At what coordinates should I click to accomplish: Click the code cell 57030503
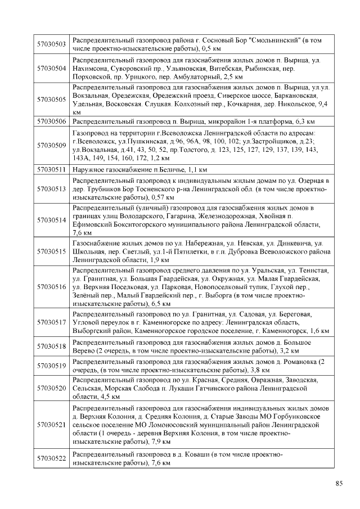[x=51, y=44]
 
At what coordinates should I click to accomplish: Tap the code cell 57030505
[x=51, y=99]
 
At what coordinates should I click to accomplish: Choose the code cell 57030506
[x=51, y=121]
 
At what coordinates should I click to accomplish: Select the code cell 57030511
[x=51, y=169]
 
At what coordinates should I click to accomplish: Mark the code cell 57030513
[x=51, y=189]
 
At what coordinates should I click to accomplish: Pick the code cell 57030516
[x=51, y=287]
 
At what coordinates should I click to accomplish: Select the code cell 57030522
[x=51, y=458]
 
